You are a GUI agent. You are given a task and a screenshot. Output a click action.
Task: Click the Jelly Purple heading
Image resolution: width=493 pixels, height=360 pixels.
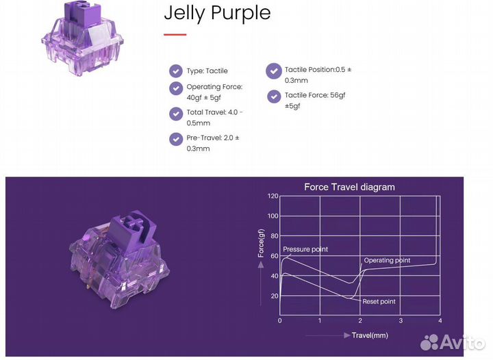[x=217, y=13]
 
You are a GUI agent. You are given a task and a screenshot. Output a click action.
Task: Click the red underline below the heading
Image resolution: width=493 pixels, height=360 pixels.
[x=175, y=34]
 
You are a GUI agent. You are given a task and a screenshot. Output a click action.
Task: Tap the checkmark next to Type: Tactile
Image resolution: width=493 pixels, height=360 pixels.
[x=176, y=70]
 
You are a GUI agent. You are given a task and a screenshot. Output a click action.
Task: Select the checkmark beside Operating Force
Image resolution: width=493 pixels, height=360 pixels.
[x=176, y=88]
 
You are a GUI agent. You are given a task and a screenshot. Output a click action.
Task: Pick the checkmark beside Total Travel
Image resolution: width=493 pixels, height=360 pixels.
[x=176, y=113]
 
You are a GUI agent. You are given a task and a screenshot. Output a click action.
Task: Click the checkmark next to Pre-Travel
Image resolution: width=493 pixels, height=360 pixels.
[x=176, y=138]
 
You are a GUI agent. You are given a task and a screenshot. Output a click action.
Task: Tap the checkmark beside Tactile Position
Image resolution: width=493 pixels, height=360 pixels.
[x=274, y=70]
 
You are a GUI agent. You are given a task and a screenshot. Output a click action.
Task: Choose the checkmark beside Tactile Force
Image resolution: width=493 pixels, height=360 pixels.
[x=274, y=96]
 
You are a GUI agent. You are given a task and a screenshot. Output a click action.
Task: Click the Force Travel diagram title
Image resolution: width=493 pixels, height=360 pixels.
[x=349, y=187]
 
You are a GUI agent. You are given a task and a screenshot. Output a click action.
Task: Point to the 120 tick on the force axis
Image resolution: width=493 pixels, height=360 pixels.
[x=273, y=196]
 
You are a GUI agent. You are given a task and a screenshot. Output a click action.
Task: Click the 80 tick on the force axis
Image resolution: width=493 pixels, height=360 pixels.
[x=274, y=236]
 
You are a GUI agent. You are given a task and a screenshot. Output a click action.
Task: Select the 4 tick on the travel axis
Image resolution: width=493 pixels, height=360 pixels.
[x=440, y=320]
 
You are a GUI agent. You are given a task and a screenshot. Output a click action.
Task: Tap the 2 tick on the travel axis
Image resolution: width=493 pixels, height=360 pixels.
[x=359, y=320]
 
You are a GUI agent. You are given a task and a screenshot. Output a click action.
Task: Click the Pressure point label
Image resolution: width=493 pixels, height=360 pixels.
[x=305, y=250]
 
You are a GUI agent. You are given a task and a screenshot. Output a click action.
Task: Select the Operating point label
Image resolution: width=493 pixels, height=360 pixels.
[x=387, y=261]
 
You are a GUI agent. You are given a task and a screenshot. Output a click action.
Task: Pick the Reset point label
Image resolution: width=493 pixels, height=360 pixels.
[x=379, y=301]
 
